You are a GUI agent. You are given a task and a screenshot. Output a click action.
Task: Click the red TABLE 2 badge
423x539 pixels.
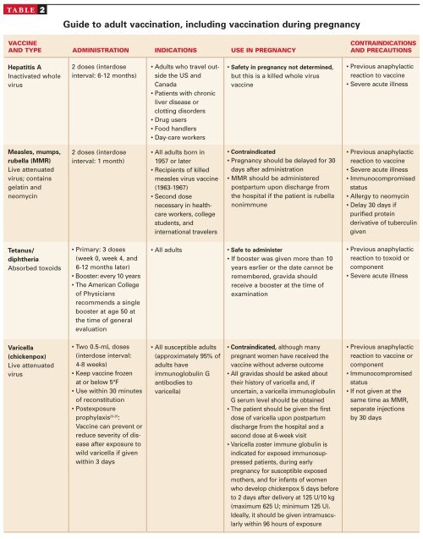(x=25, y=7)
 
